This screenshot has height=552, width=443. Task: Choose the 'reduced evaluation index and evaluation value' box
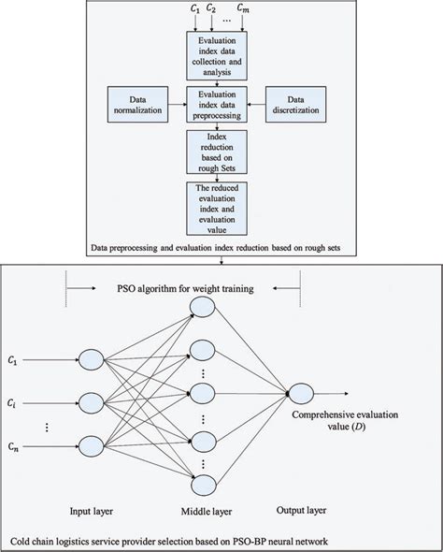tap(219, 209)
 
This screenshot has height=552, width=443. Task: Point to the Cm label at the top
tap(268, 10)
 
